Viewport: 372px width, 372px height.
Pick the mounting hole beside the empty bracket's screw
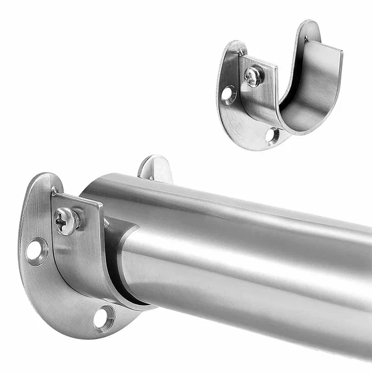tap(228, 93)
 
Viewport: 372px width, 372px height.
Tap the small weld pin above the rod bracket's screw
tap(55, 190)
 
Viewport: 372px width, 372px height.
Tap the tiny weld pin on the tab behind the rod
tap(151, 177)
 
